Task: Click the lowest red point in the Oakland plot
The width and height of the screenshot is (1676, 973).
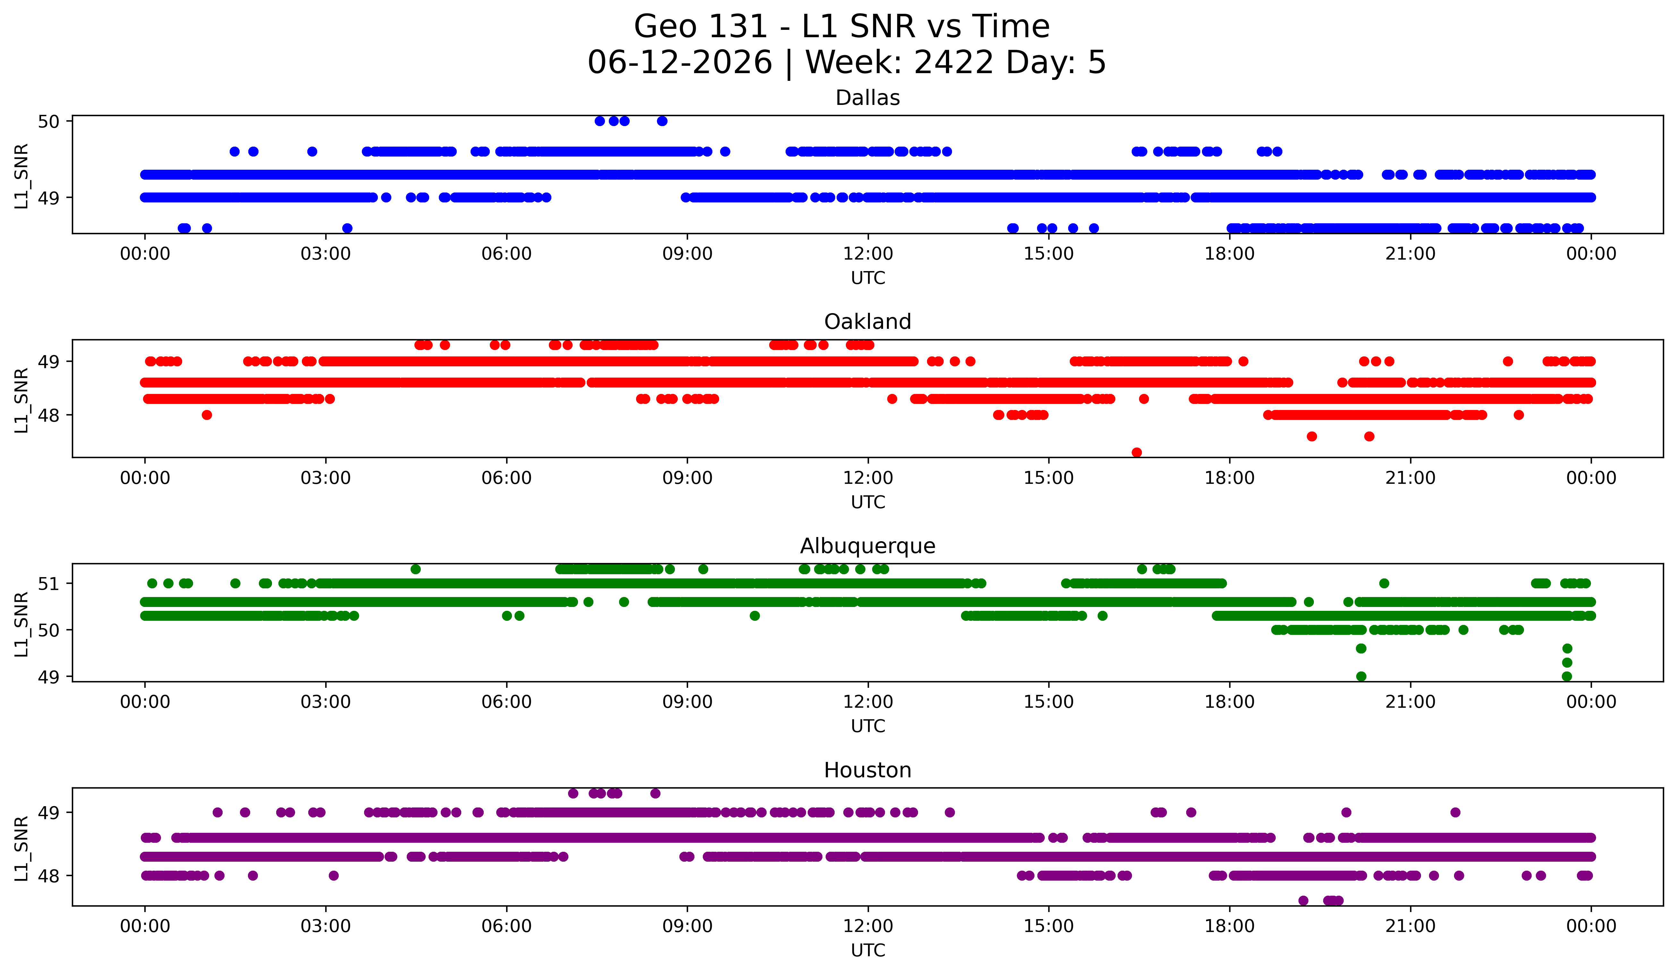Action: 1136,452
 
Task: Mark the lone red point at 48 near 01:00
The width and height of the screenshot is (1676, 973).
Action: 207,415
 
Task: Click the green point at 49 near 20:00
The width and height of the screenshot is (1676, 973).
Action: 1361,676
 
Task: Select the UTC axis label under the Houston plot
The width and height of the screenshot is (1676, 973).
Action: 868,951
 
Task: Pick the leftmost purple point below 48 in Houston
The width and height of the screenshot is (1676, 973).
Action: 1303,900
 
